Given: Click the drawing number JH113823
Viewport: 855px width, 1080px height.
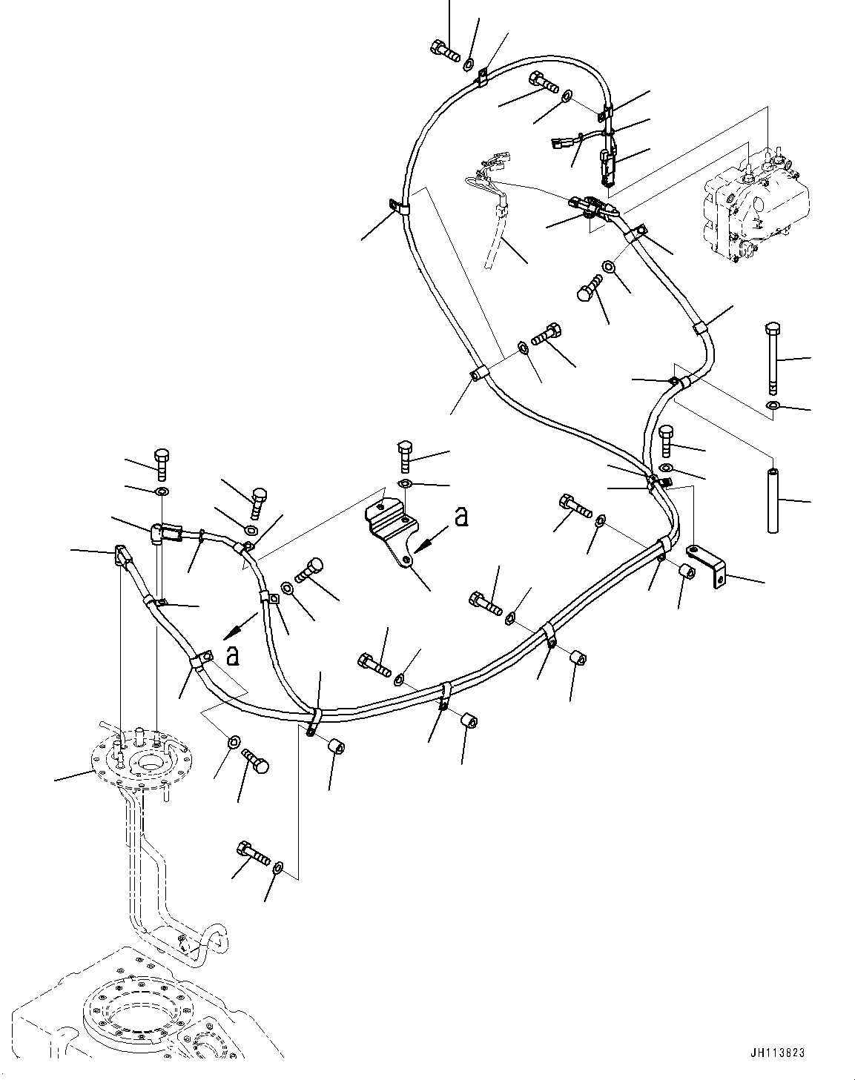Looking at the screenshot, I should (776, 1053).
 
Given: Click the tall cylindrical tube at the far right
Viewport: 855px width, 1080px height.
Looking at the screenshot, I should (773, 498).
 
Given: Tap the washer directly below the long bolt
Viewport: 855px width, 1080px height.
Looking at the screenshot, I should (773, 405).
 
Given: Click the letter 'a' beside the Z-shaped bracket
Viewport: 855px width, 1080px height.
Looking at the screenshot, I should (461, 517).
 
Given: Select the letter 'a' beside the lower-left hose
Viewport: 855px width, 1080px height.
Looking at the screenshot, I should (233, 655).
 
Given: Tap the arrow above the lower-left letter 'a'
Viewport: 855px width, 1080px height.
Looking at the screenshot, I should (237, 629).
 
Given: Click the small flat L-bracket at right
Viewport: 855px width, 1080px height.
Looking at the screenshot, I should (708, 565).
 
